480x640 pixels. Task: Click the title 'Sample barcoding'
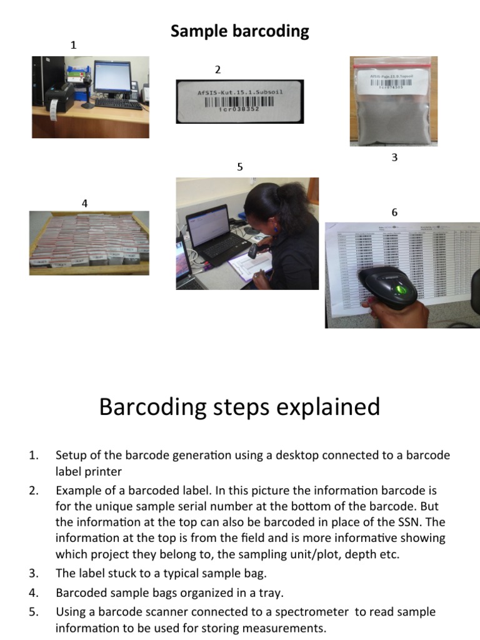point(240,31)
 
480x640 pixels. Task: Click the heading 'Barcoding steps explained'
point(239,407)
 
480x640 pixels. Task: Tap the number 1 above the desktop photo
point(74,45)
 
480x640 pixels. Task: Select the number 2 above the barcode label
point(217,69)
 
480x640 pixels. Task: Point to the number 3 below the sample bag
point(394,157)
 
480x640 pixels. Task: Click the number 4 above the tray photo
point(84,202)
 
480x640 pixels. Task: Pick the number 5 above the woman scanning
point(239,167)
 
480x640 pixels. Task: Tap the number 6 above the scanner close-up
point(394,212)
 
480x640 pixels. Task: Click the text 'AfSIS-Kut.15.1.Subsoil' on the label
point(240,92)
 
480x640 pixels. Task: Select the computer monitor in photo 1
point(112,77)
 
